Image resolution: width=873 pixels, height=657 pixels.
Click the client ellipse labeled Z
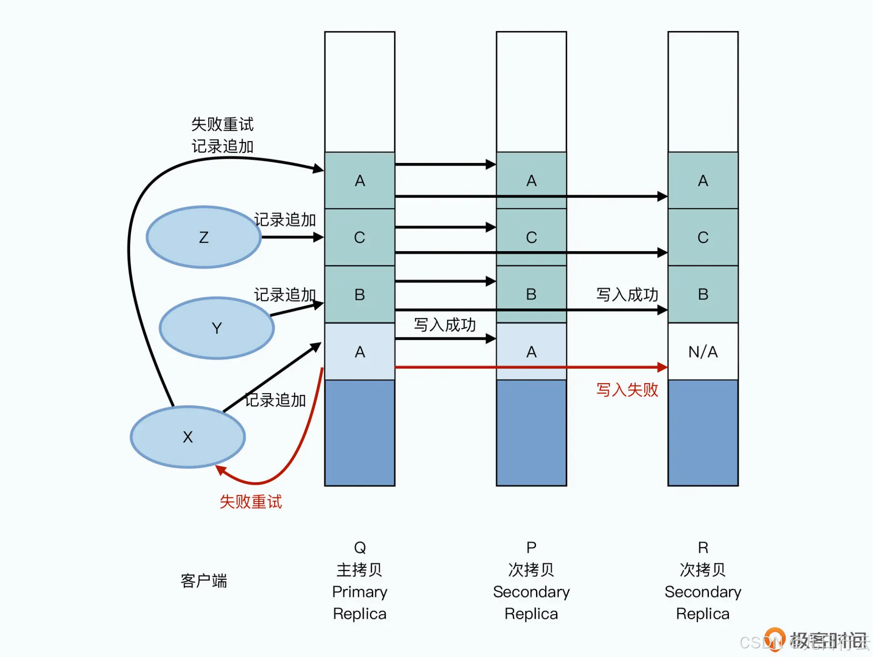tap(204, 237)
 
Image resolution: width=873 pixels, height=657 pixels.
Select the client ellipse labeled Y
tap(217, 328)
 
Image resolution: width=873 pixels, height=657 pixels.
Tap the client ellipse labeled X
tap(188, 437)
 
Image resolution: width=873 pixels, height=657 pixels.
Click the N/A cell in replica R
tap(703, 352)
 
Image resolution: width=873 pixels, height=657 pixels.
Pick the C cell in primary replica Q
tap(360, 237)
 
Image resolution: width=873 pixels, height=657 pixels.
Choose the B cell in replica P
tap(531, 294)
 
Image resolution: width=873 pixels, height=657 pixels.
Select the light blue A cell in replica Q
tap(360, 352)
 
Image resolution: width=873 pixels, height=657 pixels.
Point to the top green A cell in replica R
tap(703, 181)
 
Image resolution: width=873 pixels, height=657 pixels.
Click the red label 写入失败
tap(627, 390)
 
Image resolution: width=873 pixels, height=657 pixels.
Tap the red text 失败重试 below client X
tap(251, 502)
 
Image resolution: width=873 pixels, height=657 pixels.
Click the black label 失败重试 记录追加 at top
tap(222, 135)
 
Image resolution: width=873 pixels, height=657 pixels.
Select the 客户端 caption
tap(204, 581)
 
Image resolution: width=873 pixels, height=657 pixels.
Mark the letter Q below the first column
tap(360, 547)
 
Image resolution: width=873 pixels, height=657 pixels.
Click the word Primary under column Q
tap(360, 592)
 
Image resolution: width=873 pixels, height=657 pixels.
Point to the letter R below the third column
tap(703, 547)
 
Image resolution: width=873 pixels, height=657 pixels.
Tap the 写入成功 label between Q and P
tap(445, 325)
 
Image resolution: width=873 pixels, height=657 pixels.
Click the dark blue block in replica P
tap(531, 432)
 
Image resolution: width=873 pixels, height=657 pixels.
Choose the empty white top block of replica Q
tap(360, 91)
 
